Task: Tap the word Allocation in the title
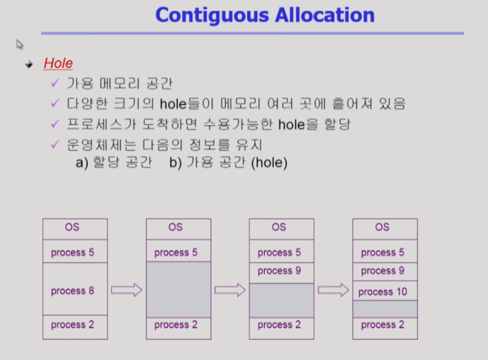(325, 15)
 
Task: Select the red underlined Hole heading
(58, 63)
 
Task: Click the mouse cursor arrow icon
(19, 45)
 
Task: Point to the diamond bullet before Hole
(29, 64)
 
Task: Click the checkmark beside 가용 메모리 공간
(55, 83)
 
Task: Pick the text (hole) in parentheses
(269, 163)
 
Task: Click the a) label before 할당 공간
(82, 163)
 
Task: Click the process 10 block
(385, 291)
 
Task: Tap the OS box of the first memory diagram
(75, 229)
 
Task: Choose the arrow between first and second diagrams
(127, 290)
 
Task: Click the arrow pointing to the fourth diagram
(334, 290)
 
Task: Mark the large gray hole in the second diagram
(178, 290)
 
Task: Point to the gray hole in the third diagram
(282, 301)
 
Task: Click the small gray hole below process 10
(385, 309)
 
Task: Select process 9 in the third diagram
(282, 273)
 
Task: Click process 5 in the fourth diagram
(385, 251)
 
